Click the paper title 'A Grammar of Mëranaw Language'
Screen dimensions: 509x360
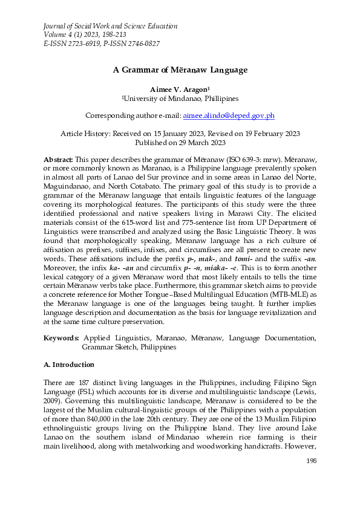pyautogui.click(x=180, y=70)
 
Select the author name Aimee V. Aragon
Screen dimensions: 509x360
pyautogui.click(x=178, y=89)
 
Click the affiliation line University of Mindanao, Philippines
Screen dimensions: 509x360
pyautogui.click(x=180, y=99)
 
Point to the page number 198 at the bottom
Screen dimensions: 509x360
pyautogui.click(x=309, y=462)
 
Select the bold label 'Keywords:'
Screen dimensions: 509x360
pyautogui.click(x=62, y=338)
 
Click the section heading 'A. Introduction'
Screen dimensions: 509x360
pyautogui.click(x=68, y=365)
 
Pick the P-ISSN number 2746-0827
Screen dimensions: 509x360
pyautogui.click(x=140, y=44)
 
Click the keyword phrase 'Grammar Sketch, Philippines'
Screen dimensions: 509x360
pyautogui.click(x=129, y=347)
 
